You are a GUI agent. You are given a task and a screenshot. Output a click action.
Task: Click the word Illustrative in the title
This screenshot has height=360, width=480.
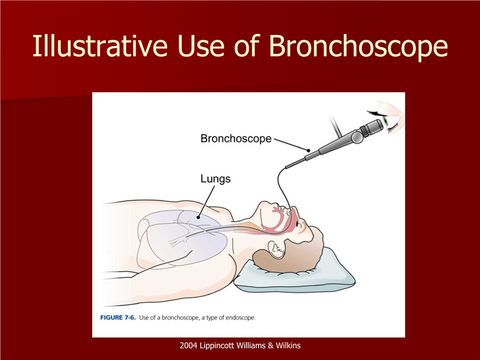click(x=100, y=46)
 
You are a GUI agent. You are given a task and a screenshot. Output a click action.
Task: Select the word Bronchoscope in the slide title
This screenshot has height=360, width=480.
click(x=358, y=46)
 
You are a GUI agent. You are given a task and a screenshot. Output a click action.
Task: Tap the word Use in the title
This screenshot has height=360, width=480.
click(x=203, y=46)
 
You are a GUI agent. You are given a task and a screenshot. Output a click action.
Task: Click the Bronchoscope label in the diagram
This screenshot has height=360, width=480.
click(x=236, y=139)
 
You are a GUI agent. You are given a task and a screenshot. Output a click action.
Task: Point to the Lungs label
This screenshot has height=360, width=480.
click(x=215, y=179)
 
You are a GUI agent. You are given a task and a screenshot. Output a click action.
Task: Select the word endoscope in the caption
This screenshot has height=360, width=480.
click(x=241, y=318)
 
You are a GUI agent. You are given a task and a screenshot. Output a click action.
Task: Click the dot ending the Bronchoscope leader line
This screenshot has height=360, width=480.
click(x=308, y=150)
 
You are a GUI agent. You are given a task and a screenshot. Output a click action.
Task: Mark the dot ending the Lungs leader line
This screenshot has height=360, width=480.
click(x=198, y=217)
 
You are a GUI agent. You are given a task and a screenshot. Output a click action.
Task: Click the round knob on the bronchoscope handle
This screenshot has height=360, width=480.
click(x=357, y=137)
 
